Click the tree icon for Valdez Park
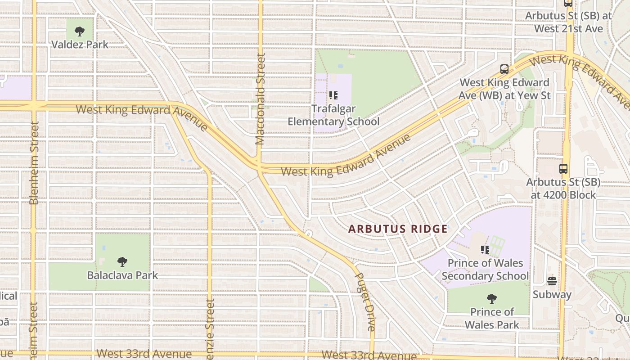[x=80, y=31]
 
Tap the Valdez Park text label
[x=80, y=45]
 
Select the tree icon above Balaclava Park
[x=122, y=262]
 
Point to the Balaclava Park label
[x=122, y=275]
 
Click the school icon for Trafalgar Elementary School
[x=333, y=95]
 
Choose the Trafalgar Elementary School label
[x=333, y=115]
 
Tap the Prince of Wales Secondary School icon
[x=485, y=249]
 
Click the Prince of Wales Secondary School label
[x=485, y=269]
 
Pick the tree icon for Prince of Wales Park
[x=492, y=298]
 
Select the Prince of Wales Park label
[x=492, y=318]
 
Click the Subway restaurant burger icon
[x=552, y=281]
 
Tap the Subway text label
[x=552, y=295]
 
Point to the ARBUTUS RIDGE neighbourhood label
[x=398, y=229]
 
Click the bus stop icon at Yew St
[x=504, y=69]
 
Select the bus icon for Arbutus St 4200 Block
[x=563, y=169]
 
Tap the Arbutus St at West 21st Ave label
[x=569, y=22]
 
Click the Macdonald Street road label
[x=260, y=99]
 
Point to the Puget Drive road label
[x=365, y=302]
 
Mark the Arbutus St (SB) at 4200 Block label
[x=563, y=189]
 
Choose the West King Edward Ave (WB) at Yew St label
[x=504, y=89]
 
